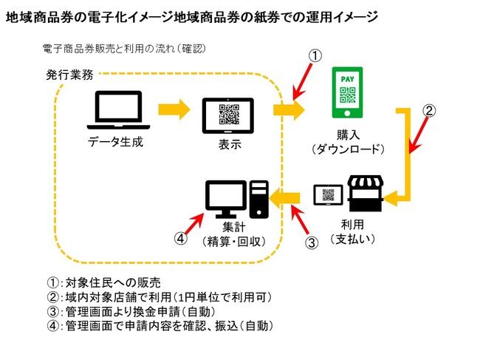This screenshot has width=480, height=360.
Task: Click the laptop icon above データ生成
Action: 118,110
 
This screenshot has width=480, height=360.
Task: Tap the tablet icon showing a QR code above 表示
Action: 230,115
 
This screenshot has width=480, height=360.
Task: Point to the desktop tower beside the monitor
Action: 258,198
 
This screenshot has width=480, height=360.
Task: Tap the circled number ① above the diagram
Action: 315,56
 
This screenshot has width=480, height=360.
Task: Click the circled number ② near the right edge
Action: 429,110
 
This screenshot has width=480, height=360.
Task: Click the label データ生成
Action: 117,141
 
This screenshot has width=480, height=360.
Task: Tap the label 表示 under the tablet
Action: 230,144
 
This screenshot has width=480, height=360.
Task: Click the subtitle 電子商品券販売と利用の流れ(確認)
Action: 124,50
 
